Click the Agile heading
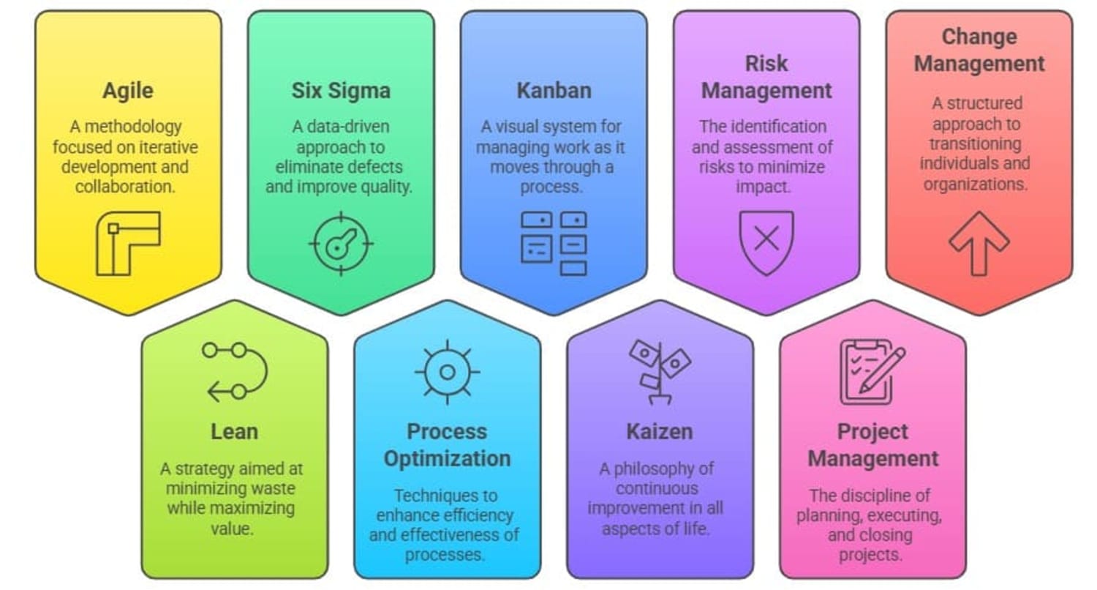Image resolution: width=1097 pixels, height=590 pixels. pyautogui.click(x=128, y=92)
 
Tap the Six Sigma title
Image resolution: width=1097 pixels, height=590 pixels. pyautogui.click(x=341, y=91)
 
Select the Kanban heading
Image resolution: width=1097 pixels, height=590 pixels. pyautogui.click(x=554, y=91)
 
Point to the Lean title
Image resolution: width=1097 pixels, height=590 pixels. pyautogui.click(x=234, y=432)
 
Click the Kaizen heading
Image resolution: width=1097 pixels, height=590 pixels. pyautogui.click(x=660, y=432)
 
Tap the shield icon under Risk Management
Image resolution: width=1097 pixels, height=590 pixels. pyautogui.click(x=766, y=243)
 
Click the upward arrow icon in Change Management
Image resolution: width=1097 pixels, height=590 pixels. pyautogui.click(x=979, y=244)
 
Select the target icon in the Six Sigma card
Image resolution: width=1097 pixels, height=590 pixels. pyautogui.click(x=342, y=244)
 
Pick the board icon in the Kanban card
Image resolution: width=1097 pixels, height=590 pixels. pyautogui.click(x=554, y=244)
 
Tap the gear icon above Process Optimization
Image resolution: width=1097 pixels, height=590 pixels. pyautogui.click(x=447, y=372)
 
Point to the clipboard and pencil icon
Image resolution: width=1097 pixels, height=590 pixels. pyautogui.click(x=872, y=372)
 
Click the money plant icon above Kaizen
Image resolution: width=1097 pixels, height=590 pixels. pyautogui.click(x=660, y=372)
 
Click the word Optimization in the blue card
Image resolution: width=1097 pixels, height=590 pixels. pyautogui.click(x=447, y=459)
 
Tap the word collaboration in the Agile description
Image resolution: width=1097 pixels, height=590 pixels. pyautogui.click(x=125, y=187)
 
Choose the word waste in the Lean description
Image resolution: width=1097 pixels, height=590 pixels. pyautogui.click(x=273, y=488)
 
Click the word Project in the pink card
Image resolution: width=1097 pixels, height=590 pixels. pyautogui.click(x=872, y=432)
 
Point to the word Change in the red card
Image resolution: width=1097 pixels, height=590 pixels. pyautogui.click(x=979, y=37)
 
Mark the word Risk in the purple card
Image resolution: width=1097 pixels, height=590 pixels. pyautogui.click(x=766, y=64)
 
